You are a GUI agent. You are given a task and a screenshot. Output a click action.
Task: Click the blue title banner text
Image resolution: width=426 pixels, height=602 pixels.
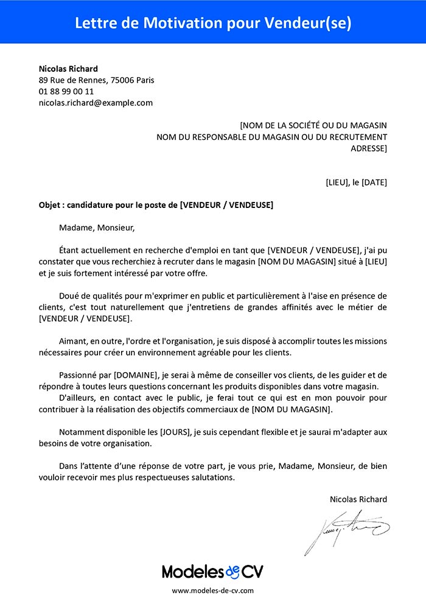pos(213,22)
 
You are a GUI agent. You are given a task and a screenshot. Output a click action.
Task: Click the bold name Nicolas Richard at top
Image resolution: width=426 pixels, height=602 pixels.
pos(68,68)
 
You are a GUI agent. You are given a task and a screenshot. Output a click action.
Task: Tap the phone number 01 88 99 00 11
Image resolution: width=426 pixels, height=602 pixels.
pos(66,91)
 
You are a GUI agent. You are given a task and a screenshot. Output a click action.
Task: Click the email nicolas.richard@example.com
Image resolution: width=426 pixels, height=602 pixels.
pos(96,103)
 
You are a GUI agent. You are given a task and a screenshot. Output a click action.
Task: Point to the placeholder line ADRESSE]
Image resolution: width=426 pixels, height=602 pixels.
pos(369,148)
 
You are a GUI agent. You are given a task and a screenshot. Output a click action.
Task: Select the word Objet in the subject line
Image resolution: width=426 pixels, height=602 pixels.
pos(50,205)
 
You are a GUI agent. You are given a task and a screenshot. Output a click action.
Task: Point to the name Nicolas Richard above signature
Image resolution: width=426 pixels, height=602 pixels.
pos(358,499)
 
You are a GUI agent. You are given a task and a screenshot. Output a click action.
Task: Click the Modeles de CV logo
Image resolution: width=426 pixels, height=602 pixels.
pos(212,571)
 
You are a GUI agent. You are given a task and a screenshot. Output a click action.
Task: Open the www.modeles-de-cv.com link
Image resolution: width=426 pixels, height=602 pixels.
pos(212,590)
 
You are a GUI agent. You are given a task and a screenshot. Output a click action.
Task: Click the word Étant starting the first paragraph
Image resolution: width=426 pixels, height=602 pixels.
pos(71,250)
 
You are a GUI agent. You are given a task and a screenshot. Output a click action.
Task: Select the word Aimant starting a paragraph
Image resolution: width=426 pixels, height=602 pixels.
pos(74,341)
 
